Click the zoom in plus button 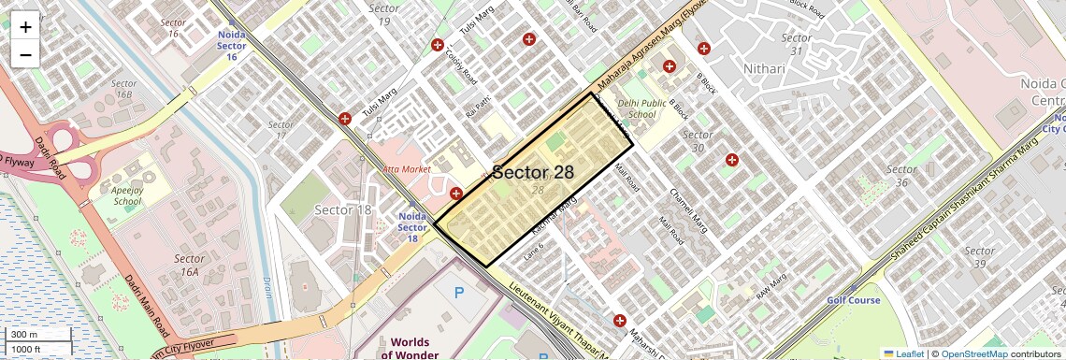click(25, 27)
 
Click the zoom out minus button click(25, 54)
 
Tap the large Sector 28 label click(533, 172)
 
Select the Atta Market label click(407, 169)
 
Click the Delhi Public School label click(641, 108)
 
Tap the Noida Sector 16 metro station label click(231, 45)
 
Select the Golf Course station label click(853, 300)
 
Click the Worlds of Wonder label click(411, 348)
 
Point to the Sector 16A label click(189, 265)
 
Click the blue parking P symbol click(458, 292)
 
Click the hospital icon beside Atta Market click(455, 194)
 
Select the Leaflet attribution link click(903, 353)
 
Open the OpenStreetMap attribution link click(973, 353)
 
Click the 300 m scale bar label click(24, 335)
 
